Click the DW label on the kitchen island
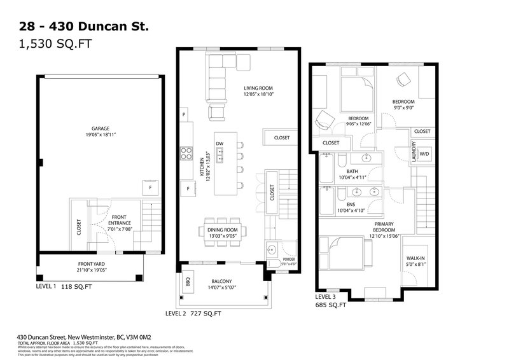coord(220,143)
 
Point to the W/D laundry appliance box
coord(424,154)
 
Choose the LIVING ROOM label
coord(258,88)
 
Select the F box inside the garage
coord(150,188)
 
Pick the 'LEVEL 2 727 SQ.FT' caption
coord(193,313)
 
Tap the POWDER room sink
coord(270,249)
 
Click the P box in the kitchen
coord(184,114)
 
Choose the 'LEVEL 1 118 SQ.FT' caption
coord(64,287)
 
